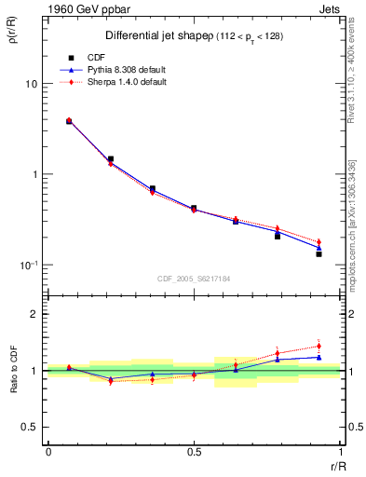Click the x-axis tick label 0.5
[194, 452]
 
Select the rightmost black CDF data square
[319, 253]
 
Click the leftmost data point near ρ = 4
[69, 121]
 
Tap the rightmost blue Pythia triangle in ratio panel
[319, 357]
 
